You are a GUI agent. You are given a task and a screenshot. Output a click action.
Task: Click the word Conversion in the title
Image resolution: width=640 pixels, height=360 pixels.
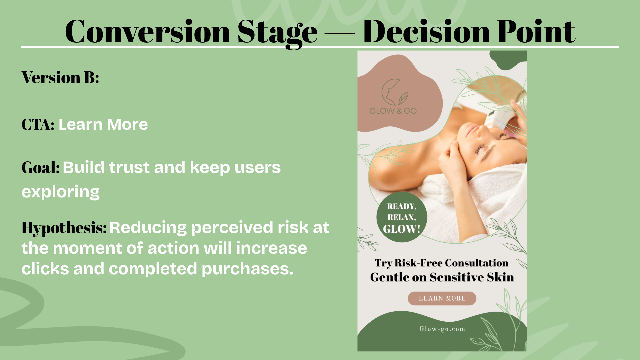tap(148, 32)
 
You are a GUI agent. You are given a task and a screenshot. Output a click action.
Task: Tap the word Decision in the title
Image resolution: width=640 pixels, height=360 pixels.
tap(426, 32)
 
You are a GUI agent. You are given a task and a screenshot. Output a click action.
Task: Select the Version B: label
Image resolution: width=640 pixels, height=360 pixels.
tap(60, 77)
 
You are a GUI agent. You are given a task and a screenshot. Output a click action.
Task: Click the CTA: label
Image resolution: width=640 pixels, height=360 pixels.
tap(38, 125)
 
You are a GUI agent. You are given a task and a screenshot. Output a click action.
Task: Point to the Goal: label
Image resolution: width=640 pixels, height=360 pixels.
tap(40, 167)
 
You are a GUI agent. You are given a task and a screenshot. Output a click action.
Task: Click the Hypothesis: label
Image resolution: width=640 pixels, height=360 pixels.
tap(64, 228)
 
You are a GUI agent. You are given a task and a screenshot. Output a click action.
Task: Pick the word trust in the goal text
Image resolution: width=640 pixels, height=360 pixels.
tap(129, 167)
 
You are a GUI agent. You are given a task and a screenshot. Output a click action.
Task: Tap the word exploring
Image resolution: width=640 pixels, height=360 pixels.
tap(60, 192)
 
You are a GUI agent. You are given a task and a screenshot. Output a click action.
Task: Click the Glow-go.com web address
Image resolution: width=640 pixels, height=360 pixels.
tap(442, 329)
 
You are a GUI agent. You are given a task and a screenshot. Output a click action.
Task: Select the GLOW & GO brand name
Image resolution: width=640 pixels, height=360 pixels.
tap(393, 111)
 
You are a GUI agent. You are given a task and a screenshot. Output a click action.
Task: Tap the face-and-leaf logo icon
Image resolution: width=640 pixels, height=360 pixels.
tap(394, 92)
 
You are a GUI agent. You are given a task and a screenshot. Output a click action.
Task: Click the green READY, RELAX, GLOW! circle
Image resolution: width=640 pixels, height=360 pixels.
tap(402, 217)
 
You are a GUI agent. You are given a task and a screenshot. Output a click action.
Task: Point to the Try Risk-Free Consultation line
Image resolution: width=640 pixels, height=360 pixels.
tap(441, 263)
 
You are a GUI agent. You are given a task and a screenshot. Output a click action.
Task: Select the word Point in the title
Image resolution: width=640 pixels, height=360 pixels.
tap(536, 32)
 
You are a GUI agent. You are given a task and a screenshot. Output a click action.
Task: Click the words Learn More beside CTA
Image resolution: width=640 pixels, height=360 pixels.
tap(103, 125)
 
